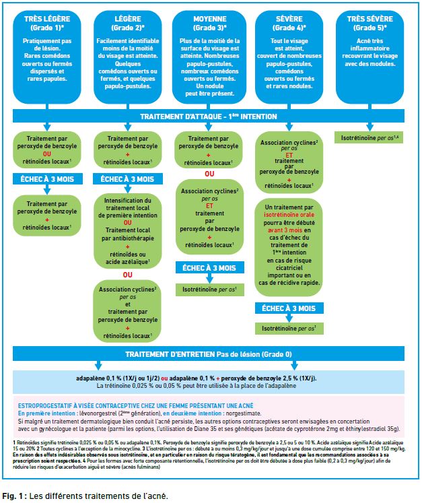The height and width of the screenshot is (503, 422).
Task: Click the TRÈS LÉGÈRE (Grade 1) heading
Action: pyautogui.click(x=47, y=23)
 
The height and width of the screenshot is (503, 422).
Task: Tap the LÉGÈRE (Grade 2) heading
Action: pyautogui.click(x=128, y=23)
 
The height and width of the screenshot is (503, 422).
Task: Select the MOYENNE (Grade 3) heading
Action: pyautogui.click(x=210, y=23)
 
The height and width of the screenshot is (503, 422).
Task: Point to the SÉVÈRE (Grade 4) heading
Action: pyautogui.click(x=289, y=23)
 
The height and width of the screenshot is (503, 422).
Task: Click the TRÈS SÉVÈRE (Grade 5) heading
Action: pyautogui.click(x=370, y=23)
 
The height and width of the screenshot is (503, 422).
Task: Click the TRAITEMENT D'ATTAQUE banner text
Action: pyautogui.click(x=209, y=116)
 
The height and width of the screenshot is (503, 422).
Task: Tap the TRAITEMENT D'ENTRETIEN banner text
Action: pyautogui.click(x=209, y=354)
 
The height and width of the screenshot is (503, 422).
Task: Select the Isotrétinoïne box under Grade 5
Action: pyautogui.click(x=369, y=138)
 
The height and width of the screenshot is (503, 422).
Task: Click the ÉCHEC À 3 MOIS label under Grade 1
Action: pyautogui.click(x=48, y=179)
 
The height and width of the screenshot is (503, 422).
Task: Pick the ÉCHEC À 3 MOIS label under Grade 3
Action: pyautogui.click(x=210, y=268)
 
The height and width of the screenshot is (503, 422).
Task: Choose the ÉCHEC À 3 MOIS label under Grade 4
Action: pyautogui.click(x=289, y=308)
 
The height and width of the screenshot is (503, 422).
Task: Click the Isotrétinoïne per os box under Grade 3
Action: pyautogui.click(x=210, y=290)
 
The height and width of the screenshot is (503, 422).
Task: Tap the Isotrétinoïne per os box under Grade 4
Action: pyautogui.click(x=289, y=329)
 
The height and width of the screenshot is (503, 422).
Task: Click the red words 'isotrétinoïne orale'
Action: pyautogui.click(x=289, y=215)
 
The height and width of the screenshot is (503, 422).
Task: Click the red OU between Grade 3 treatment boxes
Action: pyautogui.click(x=209, y=174)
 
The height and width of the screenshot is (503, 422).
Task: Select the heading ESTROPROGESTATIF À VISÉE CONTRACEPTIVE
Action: pyautogui.click(x=136, y=406)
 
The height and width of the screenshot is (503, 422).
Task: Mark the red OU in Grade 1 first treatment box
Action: pyautogui.click(x=47, y=154)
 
